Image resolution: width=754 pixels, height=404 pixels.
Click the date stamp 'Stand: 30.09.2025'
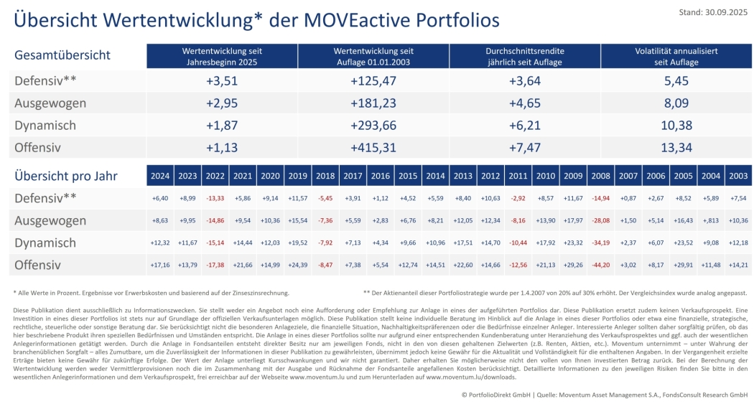714,12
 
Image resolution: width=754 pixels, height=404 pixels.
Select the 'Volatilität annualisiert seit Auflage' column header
676,57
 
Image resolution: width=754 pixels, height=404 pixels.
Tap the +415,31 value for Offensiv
373,148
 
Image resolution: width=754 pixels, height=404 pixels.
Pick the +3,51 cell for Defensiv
221,81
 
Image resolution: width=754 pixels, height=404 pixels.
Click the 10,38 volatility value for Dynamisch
676,126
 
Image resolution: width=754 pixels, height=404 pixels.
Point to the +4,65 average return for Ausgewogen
525,103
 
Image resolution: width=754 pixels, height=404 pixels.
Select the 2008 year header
600,176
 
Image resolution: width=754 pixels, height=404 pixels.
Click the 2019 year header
297,176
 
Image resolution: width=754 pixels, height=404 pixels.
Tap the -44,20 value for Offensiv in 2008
600,266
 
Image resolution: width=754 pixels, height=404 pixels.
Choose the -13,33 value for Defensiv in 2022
215,198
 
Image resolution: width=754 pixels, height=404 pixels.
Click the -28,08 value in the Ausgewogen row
600,220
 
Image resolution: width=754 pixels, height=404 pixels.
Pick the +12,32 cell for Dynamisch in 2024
161,243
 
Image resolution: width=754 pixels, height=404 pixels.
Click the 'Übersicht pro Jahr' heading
66,176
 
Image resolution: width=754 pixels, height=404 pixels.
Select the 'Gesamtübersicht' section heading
62,55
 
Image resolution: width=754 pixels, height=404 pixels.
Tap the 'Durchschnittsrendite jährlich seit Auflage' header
525,57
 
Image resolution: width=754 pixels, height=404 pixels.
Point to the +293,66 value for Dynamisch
373,126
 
